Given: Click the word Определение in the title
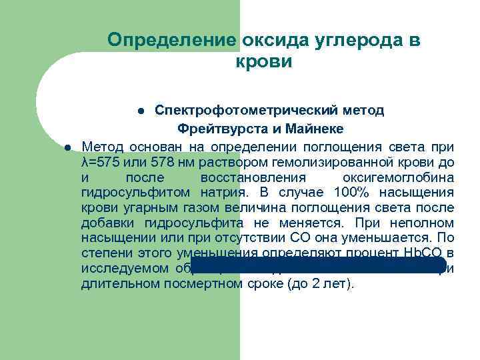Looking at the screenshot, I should coord(172,40).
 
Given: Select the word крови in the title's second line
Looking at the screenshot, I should coord(264,62).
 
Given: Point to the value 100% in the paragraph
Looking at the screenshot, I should coord(351,193).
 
